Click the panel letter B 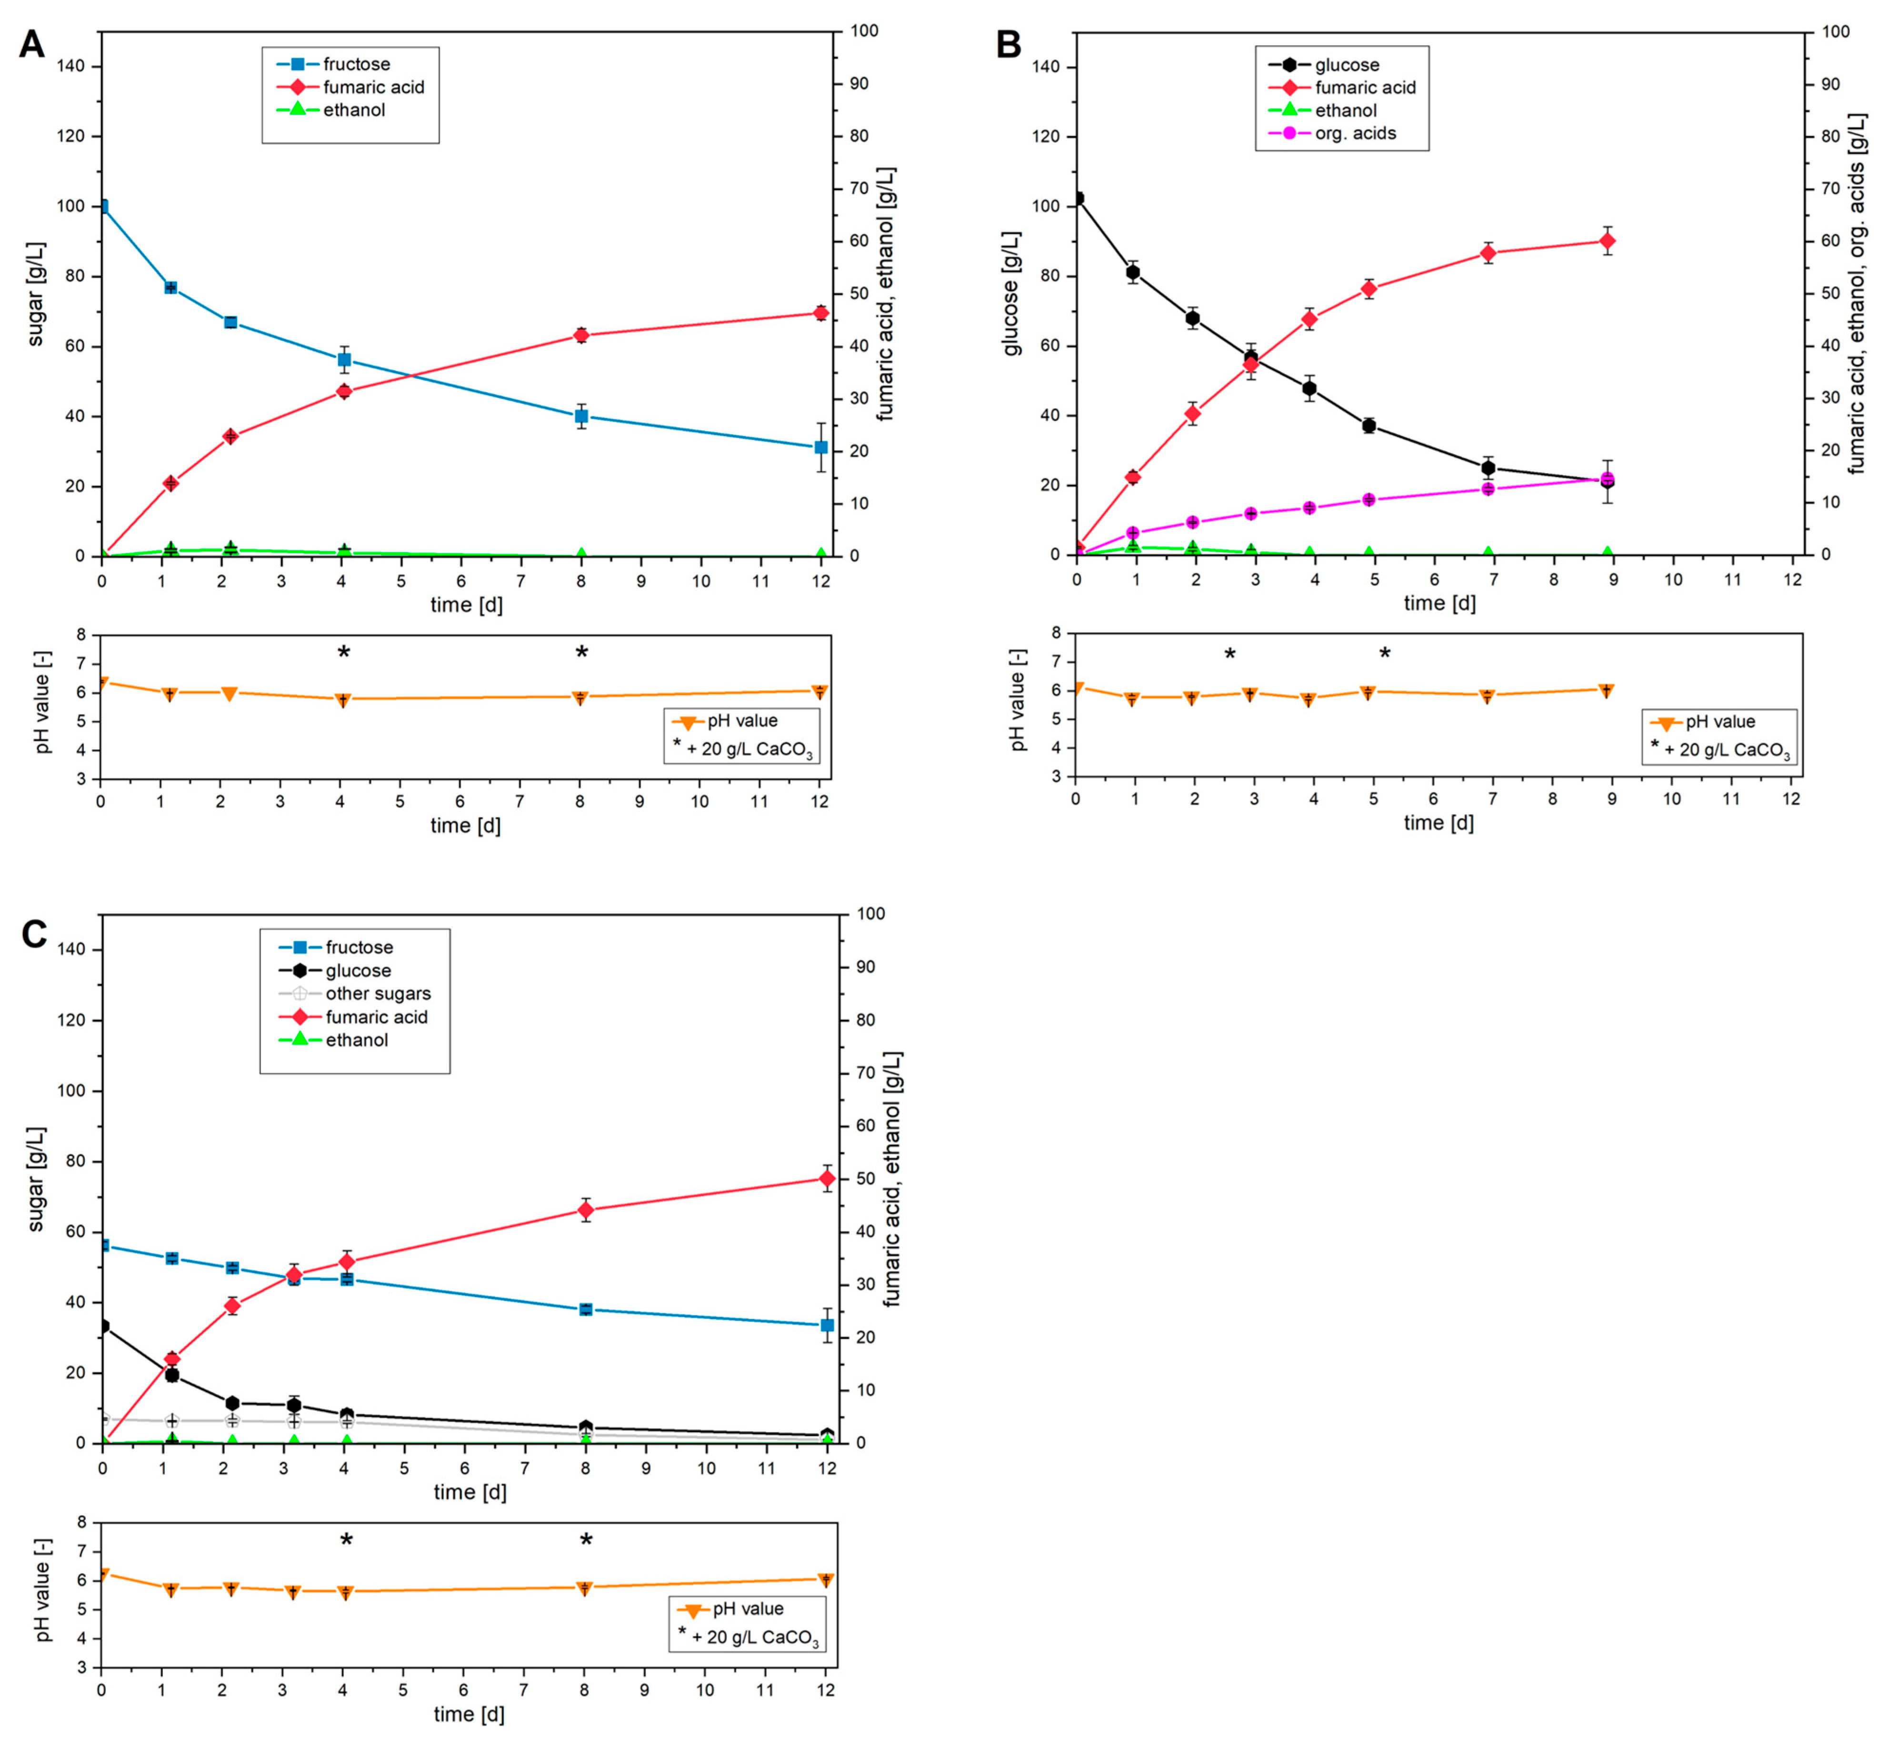(1008, 44)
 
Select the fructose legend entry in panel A (355, 64)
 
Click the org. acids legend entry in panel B (1354, 133)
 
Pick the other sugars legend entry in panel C (377, 994)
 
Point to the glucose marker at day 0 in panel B (1077, 198)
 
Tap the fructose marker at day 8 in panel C (586, 1310)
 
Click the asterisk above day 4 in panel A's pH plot (344, 652)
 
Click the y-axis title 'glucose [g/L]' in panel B (1011, 293)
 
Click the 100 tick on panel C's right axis (870, 914)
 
